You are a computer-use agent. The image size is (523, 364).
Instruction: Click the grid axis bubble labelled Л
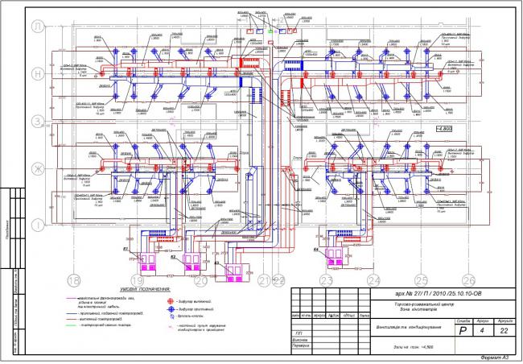(x=37, y=27)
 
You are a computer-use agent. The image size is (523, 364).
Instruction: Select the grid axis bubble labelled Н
(x=37, y=73)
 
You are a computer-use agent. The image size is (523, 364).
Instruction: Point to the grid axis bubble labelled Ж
(x=37, y=168)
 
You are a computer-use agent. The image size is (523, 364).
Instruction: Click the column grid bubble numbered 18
(x=74, y=279)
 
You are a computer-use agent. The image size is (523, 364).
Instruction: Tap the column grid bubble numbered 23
(x=326, y=279)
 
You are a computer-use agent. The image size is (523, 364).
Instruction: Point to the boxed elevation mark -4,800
(x=444, y=128)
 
